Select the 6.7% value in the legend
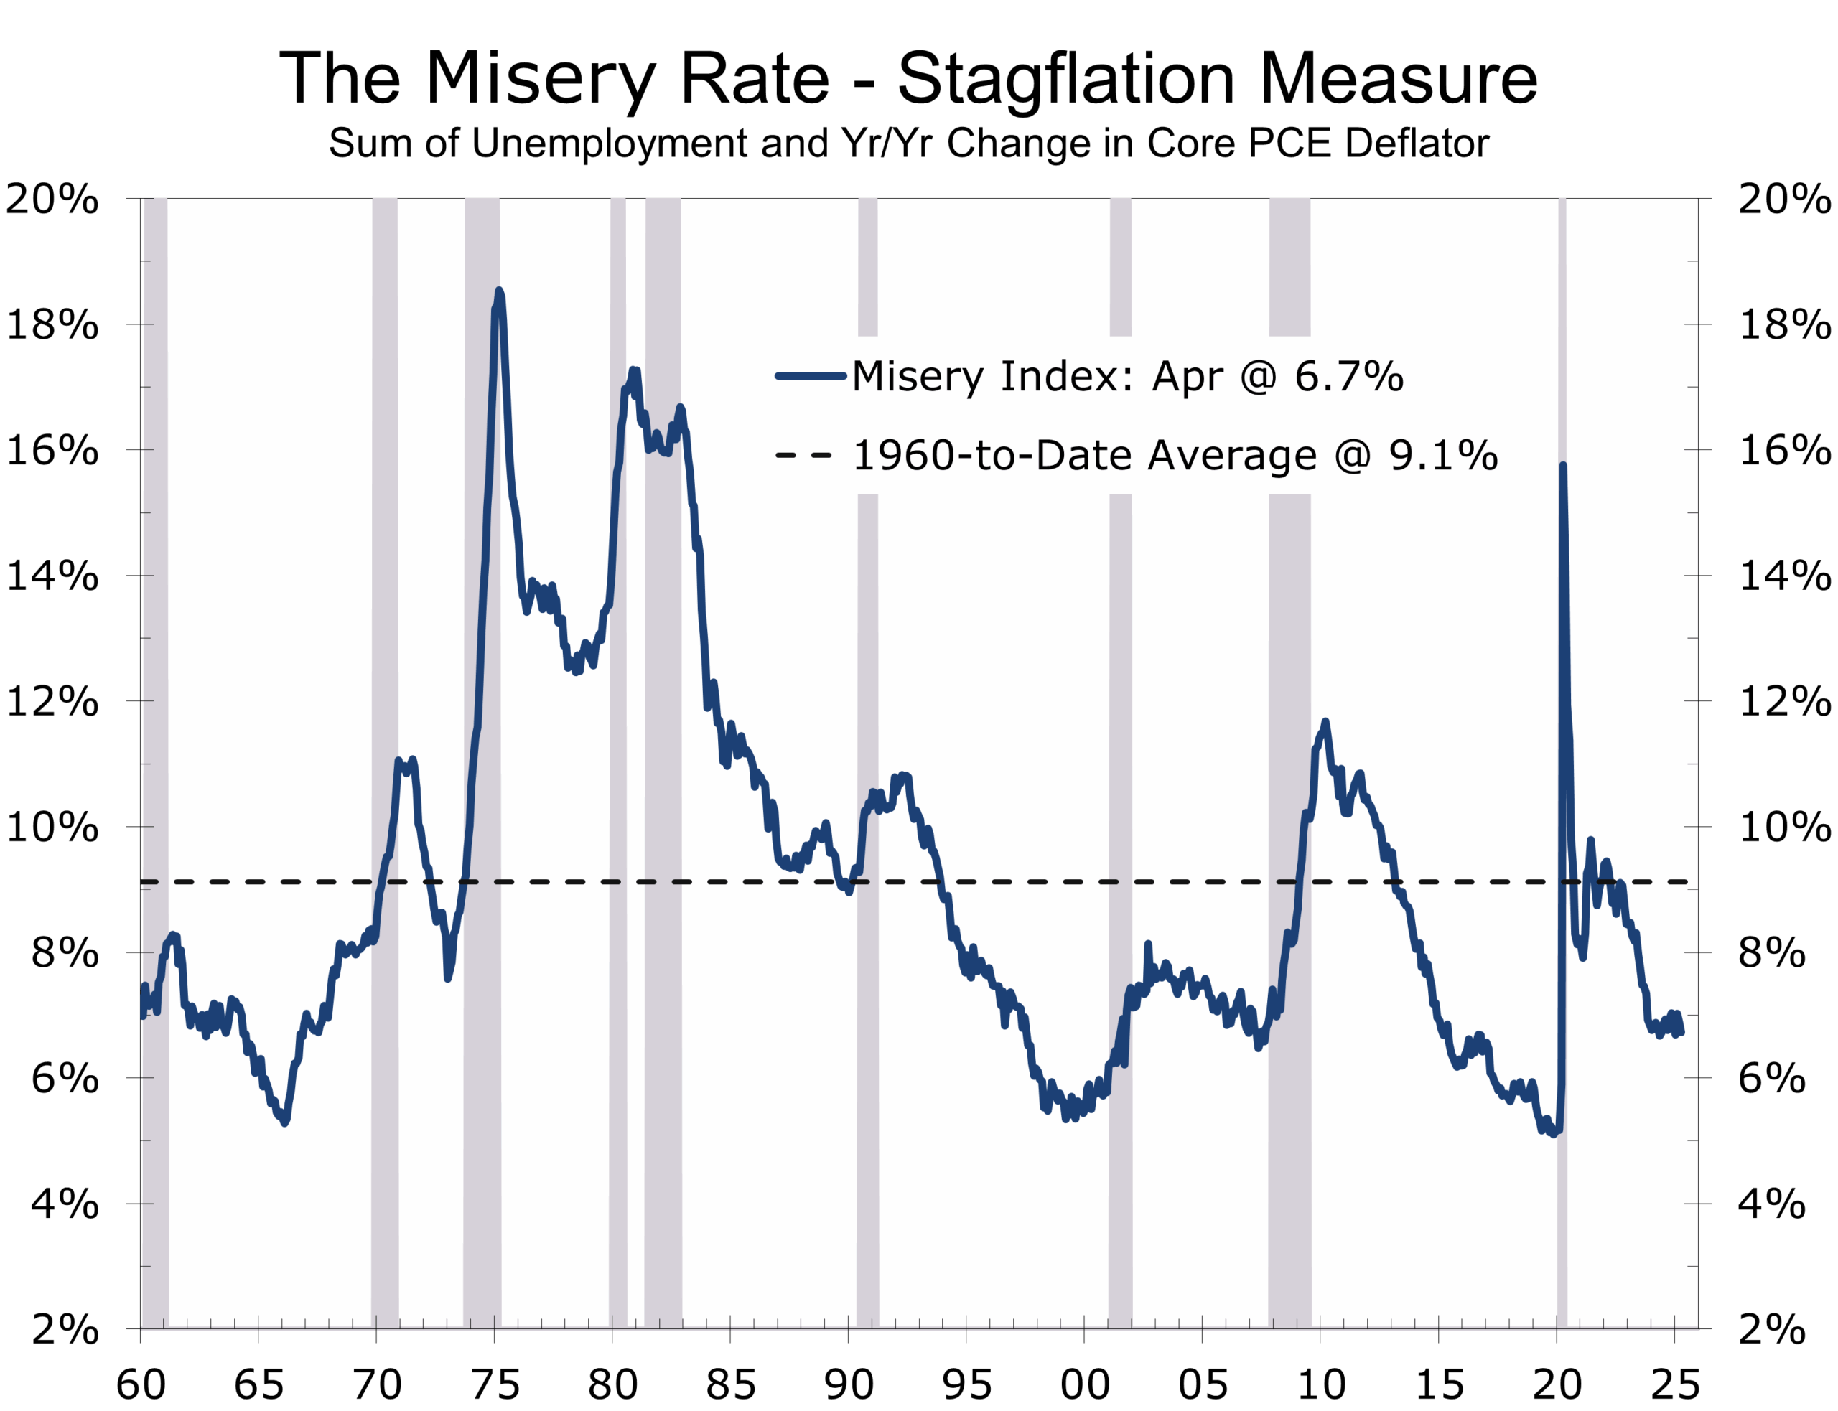[x=1348, y=376]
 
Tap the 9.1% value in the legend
[x=1442, y=455]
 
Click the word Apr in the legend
[x=1187, y=376]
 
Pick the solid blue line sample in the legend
[x=810, y=376]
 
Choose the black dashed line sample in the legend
[x=803, y=455]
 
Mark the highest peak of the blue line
[x=499, y=291]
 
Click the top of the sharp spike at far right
[x=1562, y=465]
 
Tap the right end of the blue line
[x=1681, y=1033]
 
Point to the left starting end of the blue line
[x=142, y=1015]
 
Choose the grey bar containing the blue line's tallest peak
[x=482, y=756]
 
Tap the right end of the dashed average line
[x=1687, y=882]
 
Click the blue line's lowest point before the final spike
[x=1553, y=1134]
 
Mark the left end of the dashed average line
[x=143, y=882]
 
